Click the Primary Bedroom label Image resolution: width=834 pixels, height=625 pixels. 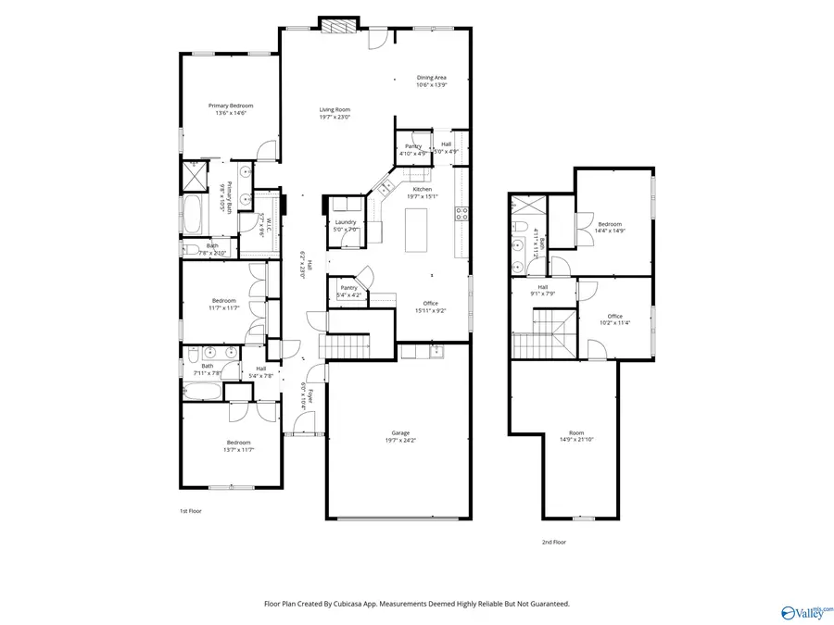coord(230,109)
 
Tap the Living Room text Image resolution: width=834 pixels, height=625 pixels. coord(335,113)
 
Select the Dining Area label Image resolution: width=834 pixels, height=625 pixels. coord(432,81)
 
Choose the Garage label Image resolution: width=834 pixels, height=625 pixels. coord(400,436)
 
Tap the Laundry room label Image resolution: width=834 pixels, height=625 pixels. coord(347,224)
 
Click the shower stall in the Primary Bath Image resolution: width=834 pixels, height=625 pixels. coord(196,175)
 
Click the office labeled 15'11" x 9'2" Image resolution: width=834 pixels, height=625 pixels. coord(430,306)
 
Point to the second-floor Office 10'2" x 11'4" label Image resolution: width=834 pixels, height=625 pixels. coord(614,319)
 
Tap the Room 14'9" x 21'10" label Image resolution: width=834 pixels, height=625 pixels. coord(576,436)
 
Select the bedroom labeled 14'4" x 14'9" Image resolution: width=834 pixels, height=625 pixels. coord(609,228)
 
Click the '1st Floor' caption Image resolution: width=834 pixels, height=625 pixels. coord(190,511)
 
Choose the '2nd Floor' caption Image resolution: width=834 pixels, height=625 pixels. coord(553,543)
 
